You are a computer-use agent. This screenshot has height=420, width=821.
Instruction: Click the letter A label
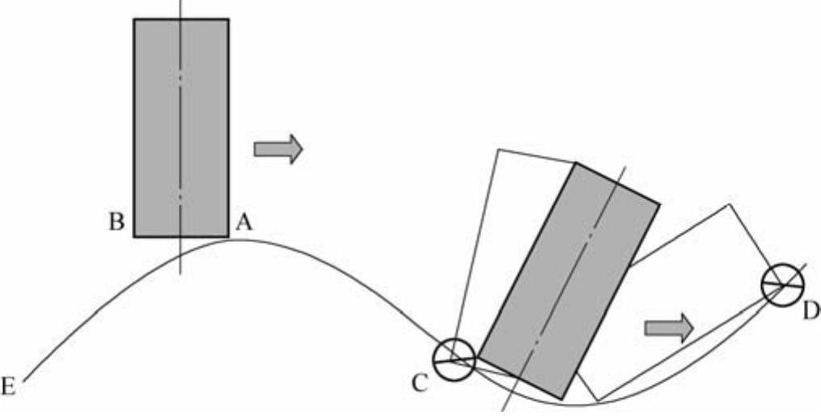(x=243, y=223)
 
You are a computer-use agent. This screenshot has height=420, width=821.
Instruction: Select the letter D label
(x=810, y=308)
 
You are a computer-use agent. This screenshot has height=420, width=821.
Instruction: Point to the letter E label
(x=9, y=388)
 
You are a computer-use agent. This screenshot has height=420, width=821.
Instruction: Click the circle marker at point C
(x=452, y=358)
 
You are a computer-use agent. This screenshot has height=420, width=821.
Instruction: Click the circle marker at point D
(x=782, y=285)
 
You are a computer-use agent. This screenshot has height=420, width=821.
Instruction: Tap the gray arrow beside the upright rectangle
(x=278, y=149)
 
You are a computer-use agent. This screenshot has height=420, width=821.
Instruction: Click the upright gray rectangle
(x=181, y=128)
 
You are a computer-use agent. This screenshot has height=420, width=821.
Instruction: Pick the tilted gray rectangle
(x=569, y=280)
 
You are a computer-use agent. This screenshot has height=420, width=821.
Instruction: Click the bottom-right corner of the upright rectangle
(x=228, y=236)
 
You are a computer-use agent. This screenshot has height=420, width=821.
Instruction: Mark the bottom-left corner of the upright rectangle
(x=134, y=236)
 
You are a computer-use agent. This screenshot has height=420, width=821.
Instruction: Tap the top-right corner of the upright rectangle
(x=228, y=19)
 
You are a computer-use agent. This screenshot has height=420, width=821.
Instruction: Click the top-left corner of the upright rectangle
(x=134, y=19)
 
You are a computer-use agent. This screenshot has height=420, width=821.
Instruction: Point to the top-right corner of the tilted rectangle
(x=659, y=202)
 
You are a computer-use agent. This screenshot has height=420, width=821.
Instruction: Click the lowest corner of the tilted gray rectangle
(x=562, y=397)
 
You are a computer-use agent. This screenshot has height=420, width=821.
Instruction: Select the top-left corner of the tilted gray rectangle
(x=576, y=163)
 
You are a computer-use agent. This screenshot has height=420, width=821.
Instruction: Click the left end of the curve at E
(x=25, y=380)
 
